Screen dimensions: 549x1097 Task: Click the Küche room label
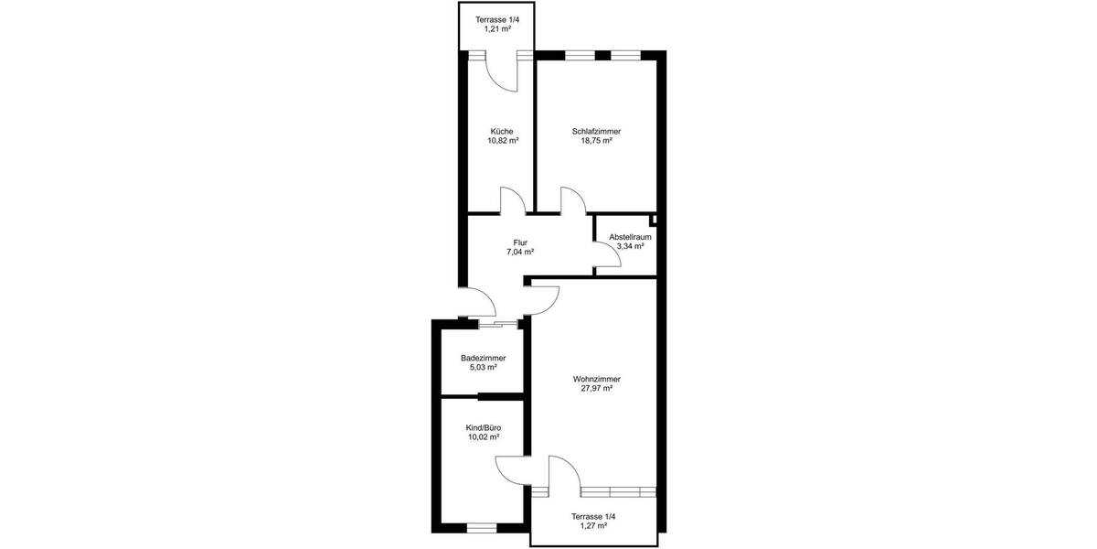(x=502, y=131)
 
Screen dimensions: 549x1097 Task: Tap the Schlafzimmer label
(x=596, y=131)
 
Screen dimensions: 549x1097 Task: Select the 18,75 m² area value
(x=596, y=142)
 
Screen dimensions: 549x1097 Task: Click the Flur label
(x=520, y=242)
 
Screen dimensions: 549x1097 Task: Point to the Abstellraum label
(x=630, y=236)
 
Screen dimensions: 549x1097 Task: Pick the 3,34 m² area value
(x=630, y=246)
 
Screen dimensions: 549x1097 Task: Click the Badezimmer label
(x=483, y=358)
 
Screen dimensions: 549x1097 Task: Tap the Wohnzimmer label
(x=596, y=378)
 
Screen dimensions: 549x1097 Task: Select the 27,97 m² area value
(x=596, y=389)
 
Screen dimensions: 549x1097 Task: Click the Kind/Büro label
(x=483, y=427)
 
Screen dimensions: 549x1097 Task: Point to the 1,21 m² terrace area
(x=496, y=29)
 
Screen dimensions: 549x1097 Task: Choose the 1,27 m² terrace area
(x=594, y=527)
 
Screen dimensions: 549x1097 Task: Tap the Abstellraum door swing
(x=609, y=255)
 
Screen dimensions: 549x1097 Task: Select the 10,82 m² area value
(x=502, y=142)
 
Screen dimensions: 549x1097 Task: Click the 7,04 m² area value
(x=520, y=253)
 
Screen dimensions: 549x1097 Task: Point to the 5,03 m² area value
(x=483, y=368)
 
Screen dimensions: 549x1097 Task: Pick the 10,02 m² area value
(x=483, y=437)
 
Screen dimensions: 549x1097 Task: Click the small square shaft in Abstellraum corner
(x=654, y=220)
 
